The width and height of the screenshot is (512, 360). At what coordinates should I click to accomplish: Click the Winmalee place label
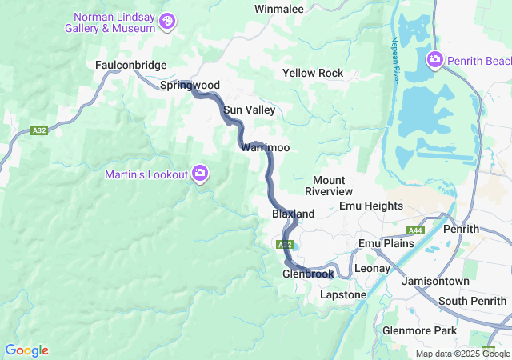(x=279, y=9)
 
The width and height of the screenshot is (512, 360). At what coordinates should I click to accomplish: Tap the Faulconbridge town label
(x=130, y=65)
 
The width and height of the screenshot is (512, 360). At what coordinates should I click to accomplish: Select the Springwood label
(x=190, y=85)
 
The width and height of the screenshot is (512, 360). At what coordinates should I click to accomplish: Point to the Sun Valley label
(x=250, y=110)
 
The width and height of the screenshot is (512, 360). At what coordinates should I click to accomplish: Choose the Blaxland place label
(x=293, y=214)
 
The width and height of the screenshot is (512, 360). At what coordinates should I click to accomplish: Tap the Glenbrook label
(x=307, y=274)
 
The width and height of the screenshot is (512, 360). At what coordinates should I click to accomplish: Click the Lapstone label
(x=342, y=294)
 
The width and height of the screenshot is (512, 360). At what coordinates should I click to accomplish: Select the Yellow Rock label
(x=313, y=73)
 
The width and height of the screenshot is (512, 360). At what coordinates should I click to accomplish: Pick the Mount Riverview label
(x=328, y=186)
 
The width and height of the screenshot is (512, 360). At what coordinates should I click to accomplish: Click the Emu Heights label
(x=371, y=206)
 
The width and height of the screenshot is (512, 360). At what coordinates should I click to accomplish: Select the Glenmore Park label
(x=419, y=330)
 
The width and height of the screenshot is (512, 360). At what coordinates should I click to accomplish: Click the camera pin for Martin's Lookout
(x=200, y=173)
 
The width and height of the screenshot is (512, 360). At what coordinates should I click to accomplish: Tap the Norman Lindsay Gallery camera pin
(x=167, y=21)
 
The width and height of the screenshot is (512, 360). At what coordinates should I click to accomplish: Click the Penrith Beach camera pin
(x=434, y=58)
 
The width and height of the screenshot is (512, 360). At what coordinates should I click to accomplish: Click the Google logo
(x=26, y=350)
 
